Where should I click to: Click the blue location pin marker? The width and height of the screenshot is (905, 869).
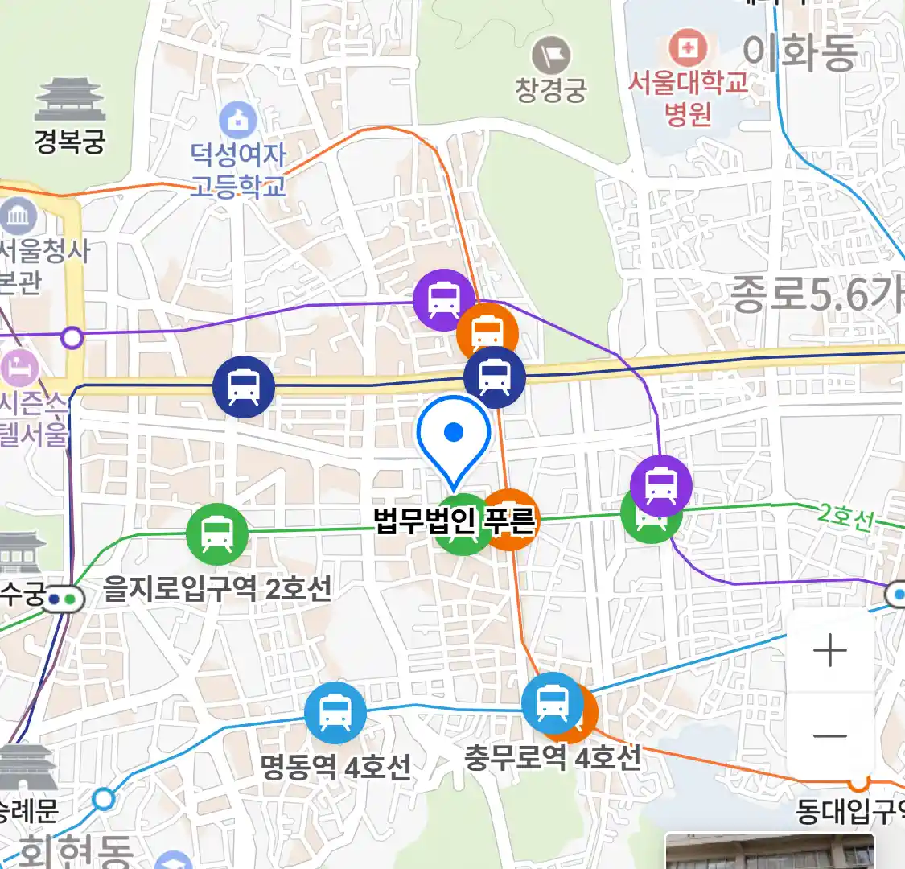(454, 439)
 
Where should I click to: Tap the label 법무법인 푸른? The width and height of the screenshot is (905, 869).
(455, 520)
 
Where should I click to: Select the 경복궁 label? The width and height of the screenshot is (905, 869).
(70, 142)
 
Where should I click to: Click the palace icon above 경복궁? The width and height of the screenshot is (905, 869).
(70, 100)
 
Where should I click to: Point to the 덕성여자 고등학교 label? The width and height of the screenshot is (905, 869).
(238, 170)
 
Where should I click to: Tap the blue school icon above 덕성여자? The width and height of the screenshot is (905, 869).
(238, 121)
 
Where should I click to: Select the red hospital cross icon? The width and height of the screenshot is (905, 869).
(687, 48)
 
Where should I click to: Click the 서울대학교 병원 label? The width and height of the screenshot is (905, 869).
(688, 97)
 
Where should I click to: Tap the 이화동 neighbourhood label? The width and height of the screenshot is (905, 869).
(800, 53)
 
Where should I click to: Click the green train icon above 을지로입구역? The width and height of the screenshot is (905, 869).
(216, 533)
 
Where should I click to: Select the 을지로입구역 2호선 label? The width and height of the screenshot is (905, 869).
(218, 589)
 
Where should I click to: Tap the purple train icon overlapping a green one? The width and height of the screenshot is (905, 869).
(660, 485)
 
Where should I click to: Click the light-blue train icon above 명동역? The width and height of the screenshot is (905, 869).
(335, 713)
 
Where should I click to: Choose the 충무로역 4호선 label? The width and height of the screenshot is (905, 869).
(553, 757)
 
